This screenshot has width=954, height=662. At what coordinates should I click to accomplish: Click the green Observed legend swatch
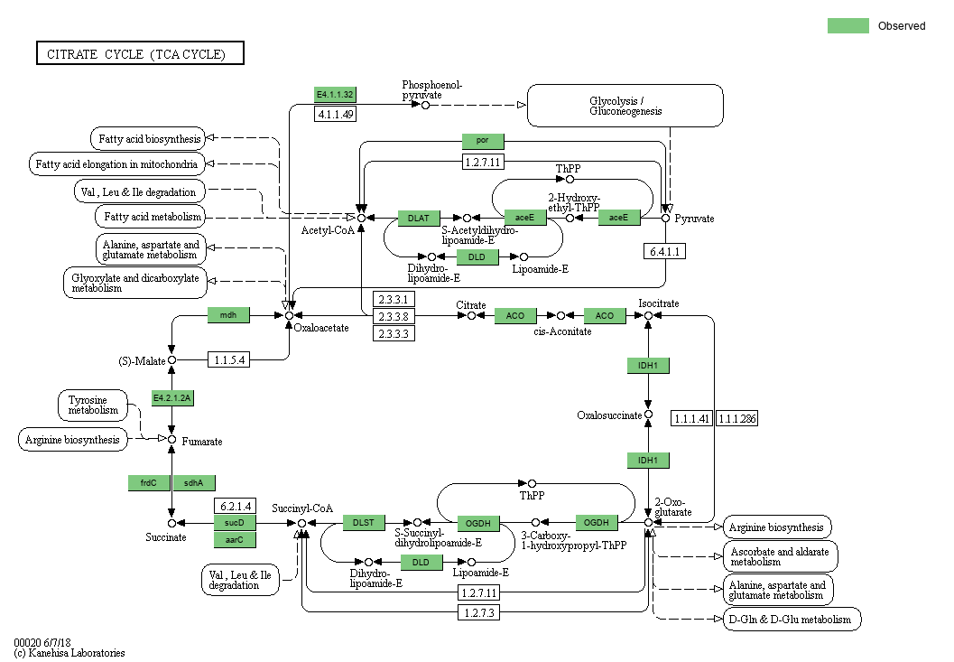pos(847,26)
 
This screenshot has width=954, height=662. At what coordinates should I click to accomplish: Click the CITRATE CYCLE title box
pos(140,54)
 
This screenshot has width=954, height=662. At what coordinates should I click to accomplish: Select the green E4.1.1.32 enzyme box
pos(335,95)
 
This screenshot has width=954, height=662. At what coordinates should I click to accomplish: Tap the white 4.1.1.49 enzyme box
pos(335,114)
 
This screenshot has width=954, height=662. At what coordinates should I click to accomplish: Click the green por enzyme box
pos(483,141)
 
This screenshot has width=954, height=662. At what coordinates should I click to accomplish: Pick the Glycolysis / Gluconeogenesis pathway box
pos(625,106)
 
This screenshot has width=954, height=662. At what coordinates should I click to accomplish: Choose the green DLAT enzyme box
pos(419,218)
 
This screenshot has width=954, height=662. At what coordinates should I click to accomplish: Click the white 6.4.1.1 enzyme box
pos(664,251)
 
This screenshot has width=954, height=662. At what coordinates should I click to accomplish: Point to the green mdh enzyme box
pos(229,315)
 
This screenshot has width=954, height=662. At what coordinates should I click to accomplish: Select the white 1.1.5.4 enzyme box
pos(229,359)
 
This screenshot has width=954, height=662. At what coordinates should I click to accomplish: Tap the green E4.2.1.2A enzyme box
pos(173,398)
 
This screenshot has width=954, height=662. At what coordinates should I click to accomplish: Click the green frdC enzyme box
pos(149,483)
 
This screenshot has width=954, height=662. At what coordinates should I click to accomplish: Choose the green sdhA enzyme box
pos(194,483)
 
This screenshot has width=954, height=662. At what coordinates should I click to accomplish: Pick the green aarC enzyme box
pos(235,540)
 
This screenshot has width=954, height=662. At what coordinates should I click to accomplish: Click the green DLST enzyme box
pos(364,522)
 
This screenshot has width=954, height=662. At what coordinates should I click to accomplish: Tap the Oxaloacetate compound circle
pos(289,315)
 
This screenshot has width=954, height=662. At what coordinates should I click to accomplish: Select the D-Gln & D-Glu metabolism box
pos(792,620)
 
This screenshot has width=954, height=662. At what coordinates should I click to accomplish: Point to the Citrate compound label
pos(470,305)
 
